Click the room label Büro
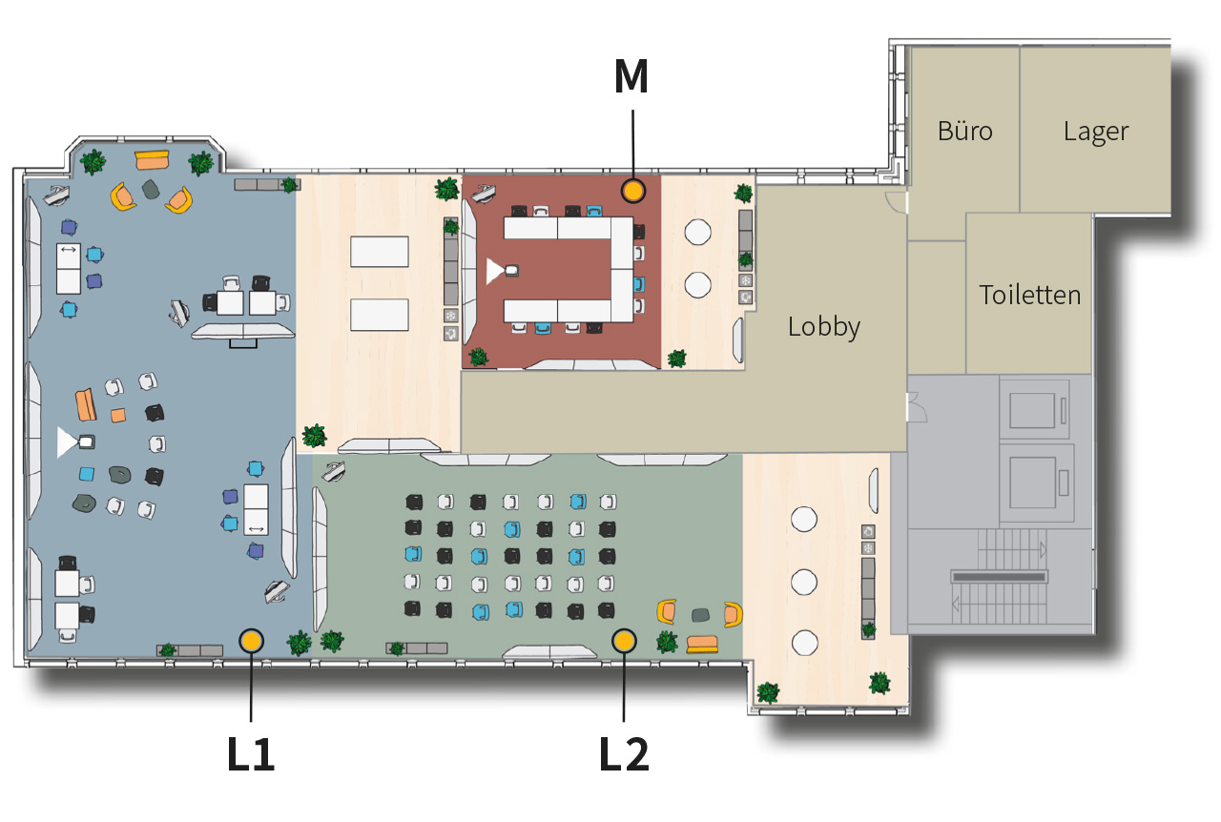964,132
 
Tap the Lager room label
1096,133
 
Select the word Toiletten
1029,295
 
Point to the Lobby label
823,328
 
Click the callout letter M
631,77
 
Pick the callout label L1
251,754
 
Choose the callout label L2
624,754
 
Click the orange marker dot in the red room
632,191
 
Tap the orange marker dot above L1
251,641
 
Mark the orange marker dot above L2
624,641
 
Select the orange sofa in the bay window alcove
152,160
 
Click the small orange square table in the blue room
118,416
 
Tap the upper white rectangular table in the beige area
380,252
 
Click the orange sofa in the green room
702,645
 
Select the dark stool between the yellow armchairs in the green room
700,615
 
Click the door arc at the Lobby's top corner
896,200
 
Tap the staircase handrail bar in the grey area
999,577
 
